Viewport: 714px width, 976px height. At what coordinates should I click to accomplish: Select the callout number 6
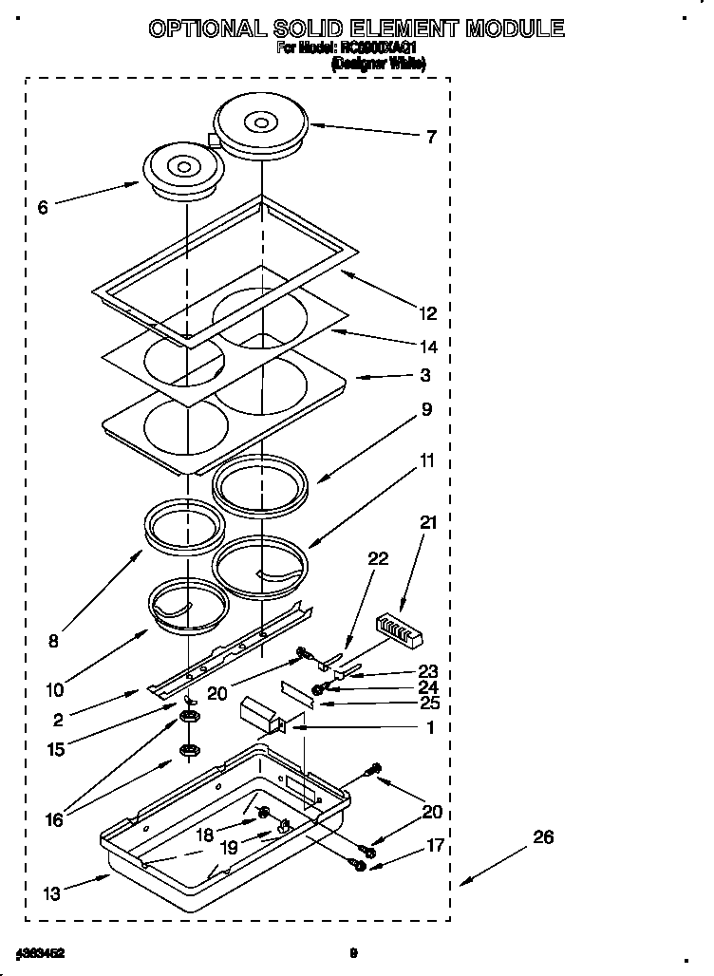pyautogui.click(x=43, y=208)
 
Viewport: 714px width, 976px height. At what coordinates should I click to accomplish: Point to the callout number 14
pyautogui.click(x=428, y=347)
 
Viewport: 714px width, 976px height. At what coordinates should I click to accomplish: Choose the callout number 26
pyautogui.click(x=542, y=837)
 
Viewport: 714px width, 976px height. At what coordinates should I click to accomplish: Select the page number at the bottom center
pyautogui.click(x=353, y=951)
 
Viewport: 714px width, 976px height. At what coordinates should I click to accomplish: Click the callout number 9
pyautogui.click(x=426, y=410)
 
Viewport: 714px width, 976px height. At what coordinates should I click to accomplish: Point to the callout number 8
pyautogui.click(x=52, y=642)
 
